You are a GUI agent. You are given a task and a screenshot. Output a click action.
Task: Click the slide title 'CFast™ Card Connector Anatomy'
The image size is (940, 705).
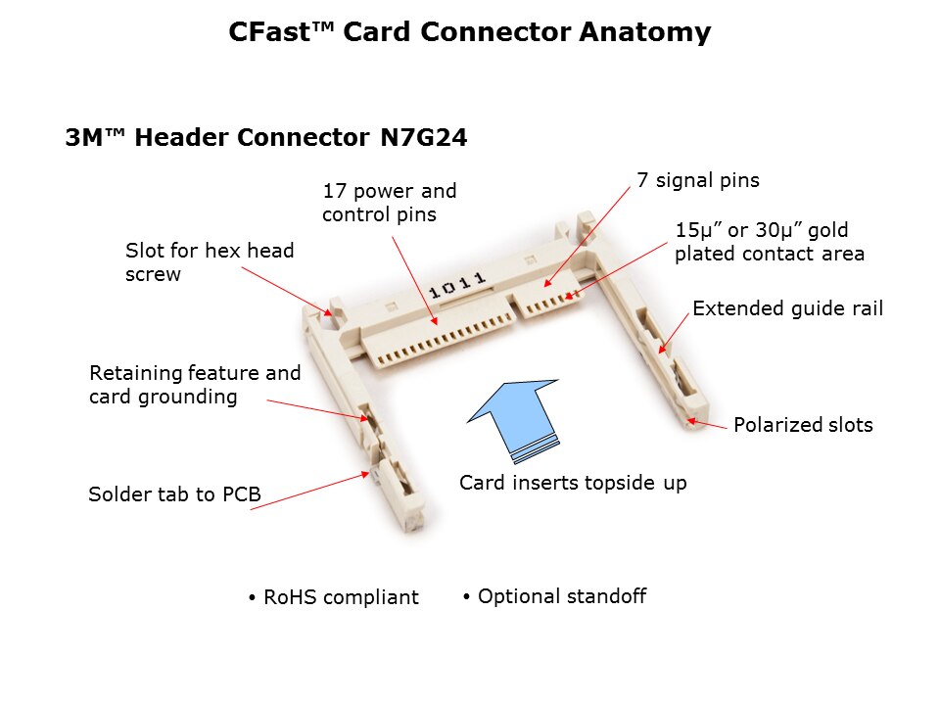pyautogui.click(x=469, y=32)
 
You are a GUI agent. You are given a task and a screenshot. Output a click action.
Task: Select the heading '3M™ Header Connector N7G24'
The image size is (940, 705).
pyautogui.click(x=265, y=138)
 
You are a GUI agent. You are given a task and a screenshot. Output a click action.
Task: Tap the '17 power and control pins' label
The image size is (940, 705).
pyautogui.click(x=389, y=203)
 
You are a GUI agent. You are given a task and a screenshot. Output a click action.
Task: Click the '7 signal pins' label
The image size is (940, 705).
pyautogui.click(x=697, y=180)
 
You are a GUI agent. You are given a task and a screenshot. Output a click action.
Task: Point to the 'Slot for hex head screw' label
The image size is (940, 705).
pyautogui.click(x=210, y=262)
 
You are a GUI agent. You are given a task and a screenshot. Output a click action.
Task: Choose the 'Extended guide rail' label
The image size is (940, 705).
pyautogui.click(x=787, y=308)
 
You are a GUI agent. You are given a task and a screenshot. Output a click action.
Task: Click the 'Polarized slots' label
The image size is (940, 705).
pyautogui.click(x=803, y=425)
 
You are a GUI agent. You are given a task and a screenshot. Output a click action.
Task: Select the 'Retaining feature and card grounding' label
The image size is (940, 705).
pyautogui.click(x=195, y=385)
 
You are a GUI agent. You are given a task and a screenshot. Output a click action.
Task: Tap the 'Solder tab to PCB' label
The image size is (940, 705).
pyautogui.click(x=174, y=494)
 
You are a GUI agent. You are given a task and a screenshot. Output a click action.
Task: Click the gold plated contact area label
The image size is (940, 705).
pyautogui.click(x=769, y=242)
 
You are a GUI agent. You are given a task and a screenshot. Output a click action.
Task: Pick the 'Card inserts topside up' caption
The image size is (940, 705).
pyautogui.click(x=573, y=483)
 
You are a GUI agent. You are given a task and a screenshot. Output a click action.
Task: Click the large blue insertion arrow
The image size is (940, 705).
pyautogui.click(x=515, y=417)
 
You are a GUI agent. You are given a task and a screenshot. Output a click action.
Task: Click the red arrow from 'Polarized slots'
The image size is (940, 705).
pyautogui.click(x=707, y=424)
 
